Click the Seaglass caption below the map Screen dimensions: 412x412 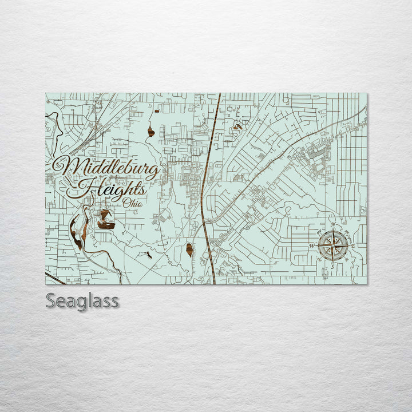point(82,300)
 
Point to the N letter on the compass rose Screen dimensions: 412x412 point(333,224)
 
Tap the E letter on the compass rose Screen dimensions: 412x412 point(353,246)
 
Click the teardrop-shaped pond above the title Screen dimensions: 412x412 point(150,132)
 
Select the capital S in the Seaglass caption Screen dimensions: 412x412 point(51,300)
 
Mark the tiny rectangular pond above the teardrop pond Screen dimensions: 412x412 point(154,108)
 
